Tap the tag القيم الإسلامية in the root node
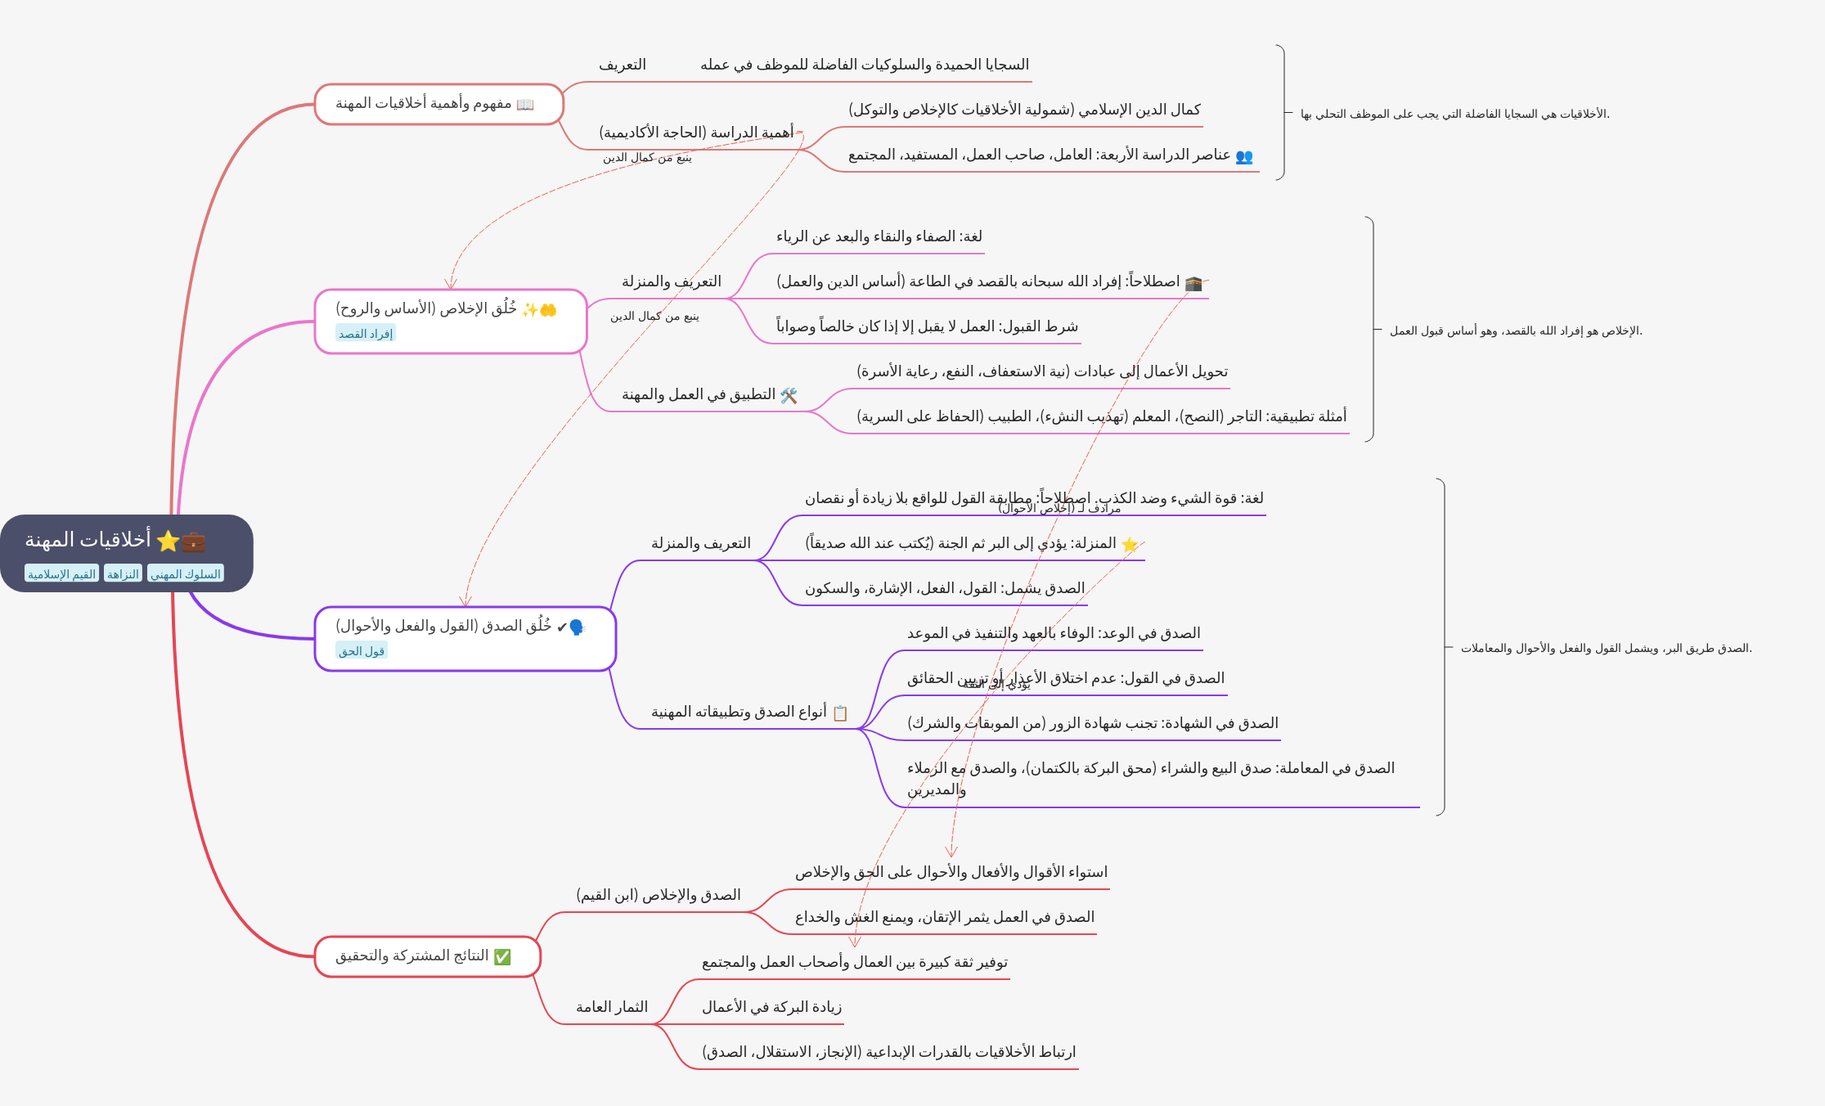coord(61,574)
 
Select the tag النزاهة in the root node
coord(123,574)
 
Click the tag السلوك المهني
coord(186,574)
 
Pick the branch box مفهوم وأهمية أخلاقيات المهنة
coord(438,104)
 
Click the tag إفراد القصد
coord(366,334)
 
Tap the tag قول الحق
coord(362,651)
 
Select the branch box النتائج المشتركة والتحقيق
coord(427,956)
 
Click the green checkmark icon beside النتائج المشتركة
coord(502,956)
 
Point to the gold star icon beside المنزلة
coord(1130,545)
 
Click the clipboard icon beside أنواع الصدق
coord(840,713)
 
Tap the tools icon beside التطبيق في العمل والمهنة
coord(789,396)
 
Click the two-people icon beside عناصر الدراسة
coord(1243,156)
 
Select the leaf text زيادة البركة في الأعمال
coord(771,1007)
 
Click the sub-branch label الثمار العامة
coord(612,1007)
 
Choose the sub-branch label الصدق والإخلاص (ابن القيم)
coord(659,895)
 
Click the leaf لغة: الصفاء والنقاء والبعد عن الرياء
coord(879,236)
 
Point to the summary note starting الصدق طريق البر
coord(1606,648)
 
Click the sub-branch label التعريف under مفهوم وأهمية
coord(623,65)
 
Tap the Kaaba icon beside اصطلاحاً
coord(1193,283)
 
